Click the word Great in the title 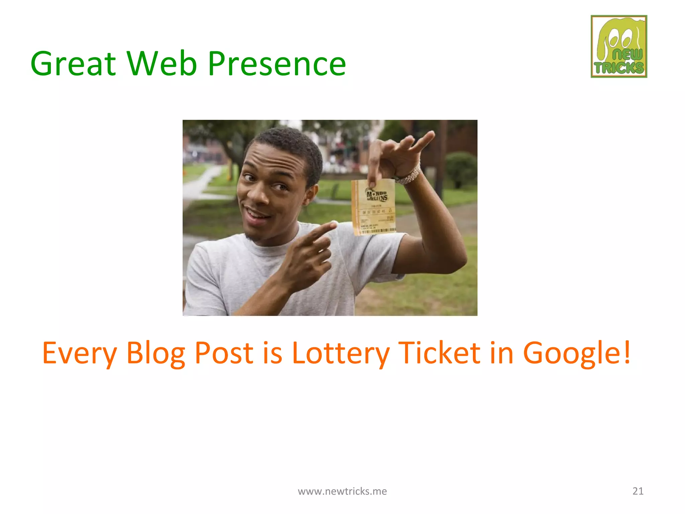[x=73, y=64]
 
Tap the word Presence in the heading [x=277, y=64]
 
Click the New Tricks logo [x=619, y=47]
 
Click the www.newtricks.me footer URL [x=342, y=491]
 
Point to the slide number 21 [x=638, y=491]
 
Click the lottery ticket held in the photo [x=374, y=207]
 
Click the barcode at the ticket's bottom [x=378, y=231]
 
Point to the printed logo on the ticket [x=377, y=195]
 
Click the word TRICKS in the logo [x=619, y=68]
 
